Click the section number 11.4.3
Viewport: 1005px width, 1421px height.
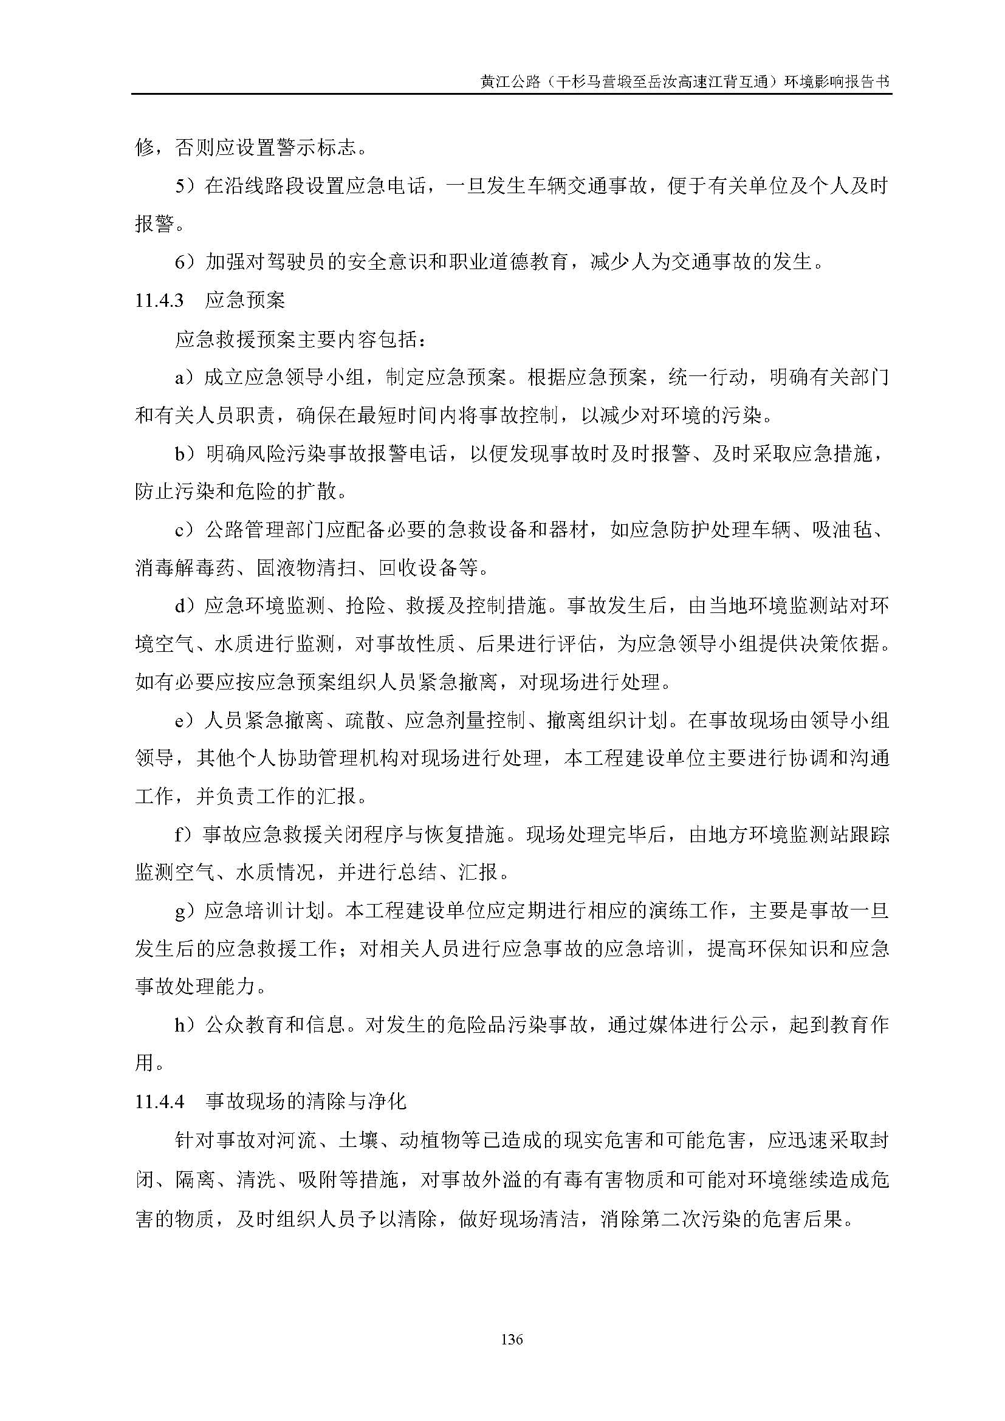pyautogui.click(x=160, y=301)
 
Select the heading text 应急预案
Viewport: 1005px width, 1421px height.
pyautogui.click(x=245, y=300)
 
